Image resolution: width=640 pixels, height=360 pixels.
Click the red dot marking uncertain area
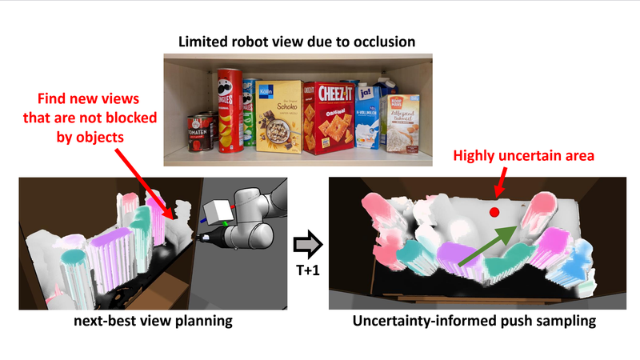click(x=494, y=212)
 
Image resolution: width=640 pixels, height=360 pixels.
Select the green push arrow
click(x=490, y=243)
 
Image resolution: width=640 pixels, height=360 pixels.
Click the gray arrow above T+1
click(x=304, y=241)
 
